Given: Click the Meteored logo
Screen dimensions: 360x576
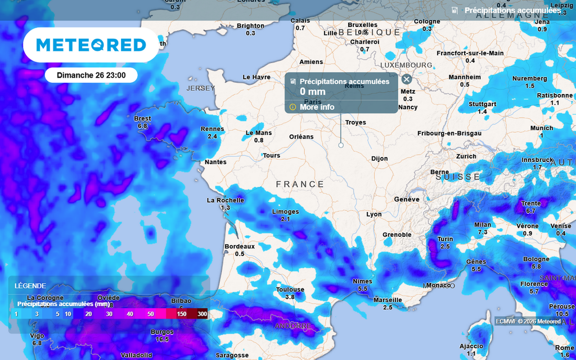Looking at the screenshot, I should (x=91, y=45).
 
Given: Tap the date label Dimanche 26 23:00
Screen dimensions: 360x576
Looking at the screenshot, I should (x=91, y=75).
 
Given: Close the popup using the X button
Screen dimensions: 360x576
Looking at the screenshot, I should (x=407, y=79).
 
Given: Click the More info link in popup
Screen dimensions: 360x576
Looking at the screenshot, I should (x=317, y=107).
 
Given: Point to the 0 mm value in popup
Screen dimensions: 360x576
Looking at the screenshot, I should (x=312, y=92).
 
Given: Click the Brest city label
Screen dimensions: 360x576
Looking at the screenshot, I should (x=142, y=119).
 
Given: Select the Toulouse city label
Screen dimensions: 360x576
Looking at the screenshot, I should (x=290, y=290).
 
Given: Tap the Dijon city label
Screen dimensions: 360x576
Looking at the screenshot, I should (x=380, y=159).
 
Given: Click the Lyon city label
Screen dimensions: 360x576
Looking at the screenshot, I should (x=374, y=214).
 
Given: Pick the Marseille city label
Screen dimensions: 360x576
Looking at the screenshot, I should (x=388, y=300).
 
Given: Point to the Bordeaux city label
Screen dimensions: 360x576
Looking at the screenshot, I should (x=240, y=246).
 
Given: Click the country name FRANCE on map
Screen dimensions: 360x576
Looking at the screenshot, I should (x=300, y=184).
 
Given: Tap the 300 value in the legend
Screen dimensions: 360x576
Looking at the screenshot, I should (x=202, y=313).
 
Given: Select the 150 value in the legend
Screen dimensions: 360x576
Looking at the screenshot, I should (x=181, y=313).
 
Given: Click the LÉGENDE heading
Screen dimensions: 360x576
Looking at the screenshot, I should (x=30, y=286).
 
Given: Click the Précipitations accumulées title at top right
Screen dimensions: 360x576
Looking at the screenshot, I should (x=512, y=10).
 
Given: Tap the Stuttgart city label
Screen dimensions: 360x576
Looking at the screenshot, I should (x=483, y=104).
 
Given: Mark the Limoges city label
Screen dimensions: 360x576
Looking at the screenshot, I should (x=285, y=211).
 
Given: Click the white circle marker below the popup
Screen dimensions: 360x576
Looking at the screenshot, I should (x=341, y=145).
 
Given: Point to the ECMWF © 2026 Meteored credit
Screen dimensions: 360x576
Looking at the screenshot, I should (x=528, y=321).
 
